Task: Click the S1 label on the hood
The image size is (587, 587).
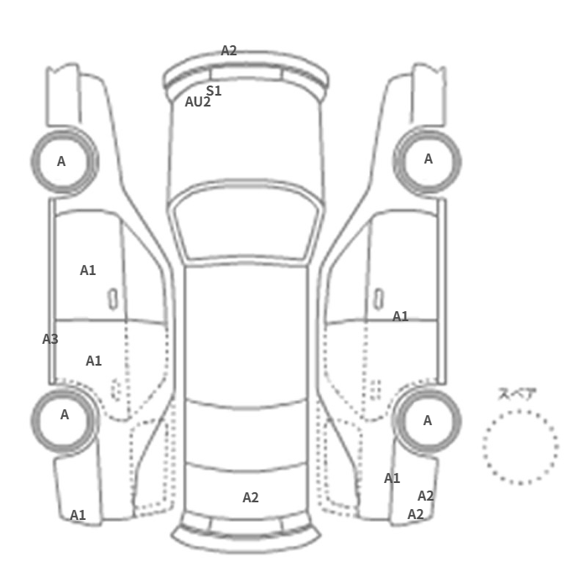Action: pyautogui.click(x=214, y=91)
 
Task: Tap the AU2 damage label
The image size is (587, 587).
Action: pyautogui.click(x=198, y=101)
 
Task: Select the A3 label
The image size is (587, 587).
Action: pyautogui.click(x=50, y=339)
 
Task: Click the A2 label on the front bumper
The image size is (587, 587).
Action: pyautogui.click(x=229, y=50)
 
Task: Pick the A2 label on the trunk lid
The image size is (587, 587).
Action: pyautogui.click(x=251, y=497)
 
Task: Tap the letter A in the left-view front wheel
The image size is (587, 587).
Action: pyautogui.click(x=61, y=161)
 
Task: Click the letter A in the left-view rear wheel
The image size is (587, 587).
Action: pyautogui.click(x=65, y=415)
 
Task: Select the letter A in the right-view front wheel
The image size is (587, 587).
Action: pyautogui.click(x=429, y=159)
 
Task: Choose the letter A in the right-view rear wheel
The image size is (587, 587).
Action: pyautogui.click(x=428, y=421)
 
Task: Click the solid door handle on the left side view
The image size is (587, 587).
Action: pyautogui.click(x=112, y=299)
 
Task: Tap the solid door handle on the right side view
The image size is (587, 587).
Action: pyautogui.click(x=379, y=299)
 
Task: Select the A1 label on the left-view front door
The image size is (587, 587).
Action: pyautogui.click(x=88, y=270)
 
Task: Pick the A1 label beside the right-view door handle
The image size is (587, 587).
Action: pyautogui.click(x=400, y=317)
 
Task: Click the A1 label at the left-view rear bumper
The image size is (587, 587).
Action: pyautogui.click(x=78, y=515)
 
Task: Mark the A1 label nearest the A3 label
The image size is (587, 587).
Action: pyautogui.click(x=94, y=361)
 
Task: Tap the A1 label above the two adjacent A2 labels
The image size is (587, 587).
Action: pyautogui.click(x=392, y=479)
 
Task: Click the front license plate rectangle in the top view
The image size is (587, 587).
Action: pyautogui.click(x=246, y=74)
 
